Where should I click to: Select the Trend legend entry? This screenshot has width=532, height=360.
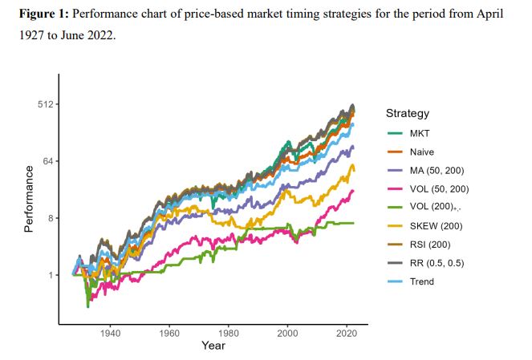422,281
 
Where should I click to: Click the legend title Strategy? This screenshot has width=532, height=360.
407,113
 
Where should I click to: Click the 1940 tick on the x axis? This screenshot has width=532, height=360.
110,332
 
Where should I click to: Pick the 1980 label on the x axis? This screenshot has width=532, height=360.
229,332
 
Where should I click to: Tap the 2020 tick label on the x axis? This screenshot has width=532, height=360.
347,332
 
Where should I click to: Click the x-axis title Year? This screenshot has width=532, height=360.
213,346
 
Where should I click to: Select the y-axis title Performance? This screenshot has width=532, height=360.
28,199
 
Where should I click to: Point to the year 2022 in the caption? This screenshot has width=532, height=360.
98,36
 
